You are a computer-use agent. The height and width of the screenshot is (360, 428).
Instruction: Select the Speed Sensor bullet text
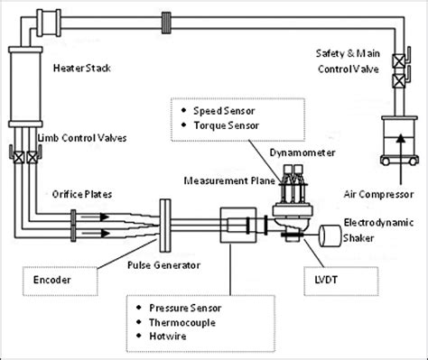click(224, 107)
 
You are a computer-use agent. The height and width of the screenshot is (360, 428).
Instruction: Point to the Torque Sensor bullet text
click(226, 124)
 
